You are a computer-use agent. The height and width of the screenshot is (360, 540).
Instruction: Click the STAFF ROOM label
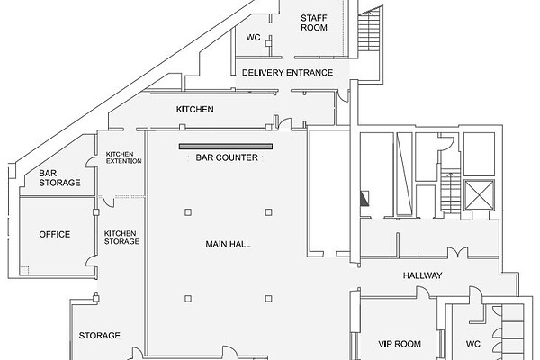(x=314, y=22)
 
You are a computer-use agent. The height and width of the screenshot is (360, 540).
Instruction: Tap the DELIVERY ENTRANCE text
(x=288, y=73)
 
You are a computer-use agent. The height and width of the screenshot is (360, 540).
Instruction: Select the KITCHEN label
(x=195, y=109)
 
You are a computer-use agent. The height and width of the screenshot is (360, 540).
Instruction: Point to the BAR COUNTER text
(x=227, y=157)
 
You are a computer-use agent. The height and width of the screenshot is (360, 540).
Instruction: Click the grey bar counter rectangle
(x=226, y=147)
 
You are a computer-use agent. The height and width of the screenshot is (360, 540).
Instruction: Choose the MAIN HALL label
(x=228, y=244)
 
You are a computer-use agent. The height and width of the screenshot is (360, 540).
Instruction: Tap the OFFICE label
(x=54, y=234)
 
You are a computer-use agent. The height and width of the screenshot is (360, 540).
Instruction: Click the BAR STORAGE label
(x=59, y=178)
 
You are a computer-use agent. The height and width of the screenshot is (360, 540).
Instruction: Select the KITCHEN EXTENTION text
(x=123, y=157)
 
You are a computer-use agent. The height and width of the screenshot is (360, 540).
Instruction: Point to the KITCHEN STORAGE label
(x=121, y=238)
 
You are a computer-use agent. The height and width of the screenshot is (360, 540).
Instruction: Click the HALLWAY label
(x=423, y=275)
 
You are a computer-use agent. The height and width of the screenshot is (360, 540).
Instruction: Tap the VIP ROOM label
(x=400, y=344)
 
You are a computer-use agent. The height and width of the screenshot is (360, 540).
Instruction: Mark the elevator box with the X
(x=479, y=194)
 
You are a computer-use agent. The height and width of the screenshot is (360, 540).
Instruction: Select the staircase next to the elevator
(x=450, y=191)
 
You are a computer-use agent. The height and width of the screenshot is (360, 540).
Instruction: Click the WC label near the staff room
(x=253, y=37)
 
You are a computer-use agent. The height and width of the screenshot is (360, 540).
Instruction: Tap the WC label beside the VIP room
(x=472, y=344)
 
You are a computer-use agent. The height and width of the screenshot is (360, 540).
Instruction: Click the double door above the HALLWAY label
(x=458, y=253)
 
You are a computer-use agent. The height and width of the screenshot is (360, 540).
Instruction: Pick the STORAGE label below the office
(x=100, y=335)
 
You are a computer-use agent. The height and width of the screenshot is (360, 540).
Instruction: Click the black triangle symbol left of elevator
(x=364, y=199)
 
